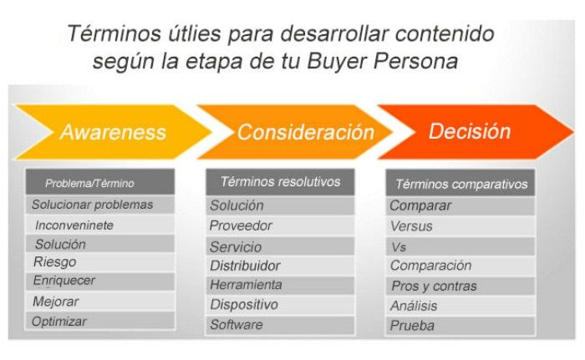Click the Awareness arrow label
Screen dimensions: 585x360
[x=113, y=132]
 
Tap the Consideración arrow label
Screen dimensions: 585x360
[x=306, y=132]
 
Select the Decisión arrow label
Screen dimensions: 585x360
[x=470, y=131]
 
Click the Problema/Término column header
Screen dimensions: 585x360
[x=89, y=183]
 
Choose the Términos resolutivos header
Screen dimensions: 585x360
[x=281, y=182]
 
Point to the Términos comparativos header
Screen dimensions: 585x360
[x=461, y=184]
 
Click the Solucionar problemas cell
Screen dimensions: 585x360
[x=92, y=205]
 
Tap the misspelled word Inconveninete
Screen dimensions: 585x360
[x=74, y=226]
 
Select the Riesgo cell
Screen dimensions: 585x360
[x=55, y=262]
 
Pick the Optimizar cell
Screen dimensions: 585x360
[x=59, y=322]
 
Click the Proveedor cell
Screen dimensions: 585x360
[x=241, y=226]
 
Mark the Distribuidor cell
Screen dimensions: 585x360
[x=245, y=266]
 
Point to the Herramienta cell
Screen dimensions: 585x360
[x=246, y=285]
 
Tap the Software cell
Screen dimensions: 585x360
[x=237, y=325]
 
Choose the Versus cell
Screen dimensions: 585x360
[x=411, y=226]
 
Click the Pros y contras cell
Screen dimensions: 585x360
[x=434, y=286]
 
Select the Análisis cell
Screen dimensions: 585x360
[x=414, y=306]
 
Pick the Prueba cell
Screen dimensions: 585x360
[x=412, y=326]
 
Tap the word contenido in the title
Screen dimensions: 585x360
[x=445, y=33]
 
